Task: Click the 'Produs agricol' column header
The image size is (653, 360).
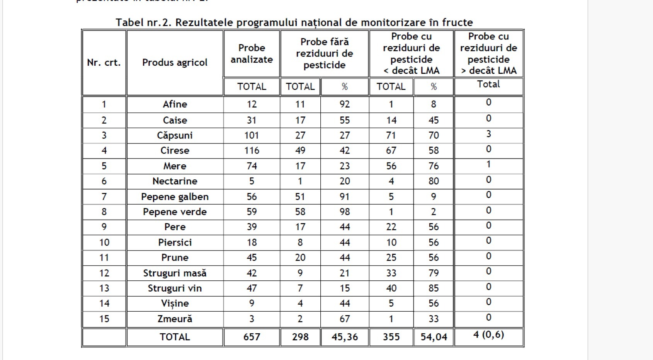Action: coord(175,63)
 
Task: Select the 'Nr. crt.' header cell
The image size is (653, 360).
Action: coord(104,63)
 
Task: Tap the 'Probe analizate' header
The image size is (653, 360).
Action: coord(252,54)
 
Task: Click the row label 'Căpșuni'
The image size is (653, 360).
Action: coord(175,135)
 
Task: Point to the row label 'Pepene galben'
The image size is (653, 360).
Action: coord(175,196)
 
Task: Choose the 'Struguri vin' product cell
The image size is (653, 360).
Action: coord(175,288)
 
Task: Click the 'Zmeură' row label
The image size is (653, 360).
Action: coord(175,319)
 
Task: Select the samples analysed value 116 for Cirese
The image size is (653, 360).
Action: coord(252,150)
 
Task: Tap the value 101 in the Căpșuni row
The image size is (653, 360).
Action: coord(252,135)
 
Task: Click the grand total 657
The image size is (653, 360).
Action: coord(252,337)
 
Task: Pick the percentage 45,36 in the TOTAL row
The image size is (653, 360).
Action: coord(345,337)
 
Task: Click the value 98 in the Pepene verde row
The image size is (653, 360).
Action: coord(345,212)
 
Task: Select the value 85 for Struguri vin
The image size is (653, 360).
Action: coord(434,288)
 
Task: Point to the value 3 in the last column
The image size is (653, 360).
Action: coord(488,134)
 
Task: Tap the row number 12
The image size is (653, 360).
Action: coord(104,273)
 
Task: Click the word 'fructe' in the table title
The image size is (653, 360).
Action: coord(457,22)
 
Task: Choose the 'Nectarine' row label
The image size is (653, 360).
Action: coord(175,181)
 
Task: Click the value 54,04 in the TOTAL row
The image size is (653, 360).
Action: coord(434,337)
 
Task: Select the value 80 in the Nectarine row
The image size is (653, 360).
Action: coord(434,181)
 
